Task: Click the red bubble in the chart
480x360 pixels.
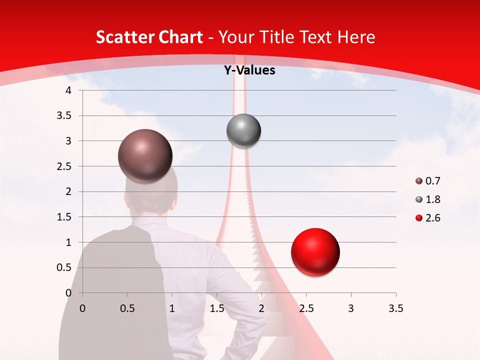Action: (315, 252)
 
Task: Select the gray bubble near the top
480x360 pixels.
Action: (243, 131)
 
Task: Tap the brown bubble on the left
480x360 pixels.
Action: (145, 156)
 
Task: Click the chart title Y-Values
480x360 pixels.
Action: (249, 70)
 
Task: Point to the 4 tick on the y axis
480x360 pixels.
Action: (69, 90)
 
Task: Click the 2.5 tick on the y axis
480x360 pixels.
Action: (63, 166)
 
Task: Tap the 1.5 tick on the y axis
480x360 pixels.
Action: (63, 217)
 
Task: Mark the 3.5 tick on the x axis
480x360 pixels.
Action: (395, 308)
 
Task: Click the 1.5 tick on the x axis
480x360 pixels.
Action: (216, 308)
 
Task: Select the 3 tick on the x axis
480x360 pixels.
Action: (351, 308)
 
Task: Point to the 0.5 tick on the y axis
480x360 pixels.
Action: (63, 267)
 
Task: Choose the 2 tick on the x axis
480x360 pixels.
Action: (261, 308)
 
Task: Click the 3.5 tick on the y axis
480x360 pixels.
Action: (63, 115)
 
